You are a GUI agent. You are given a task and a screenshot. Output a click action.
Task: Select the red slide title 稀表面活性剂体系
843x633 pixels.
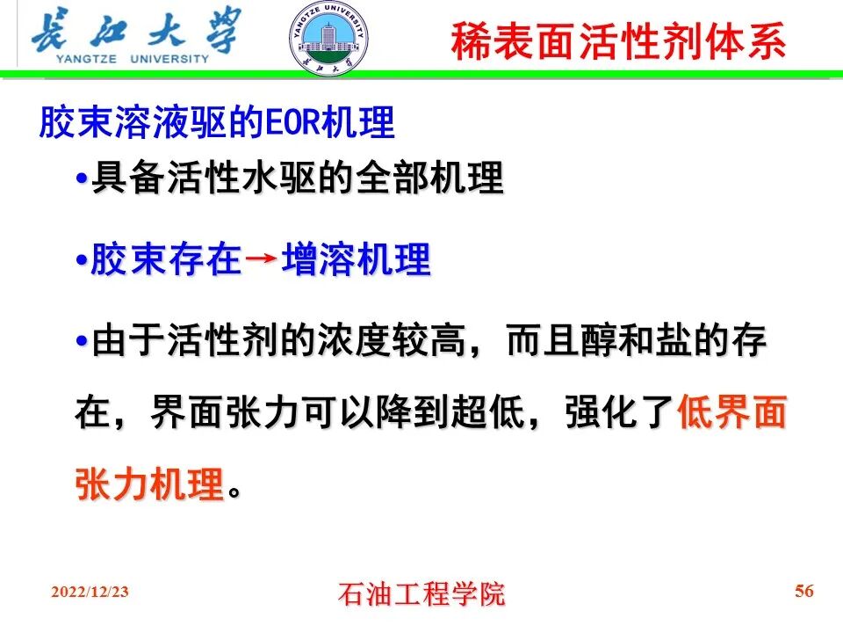[x=618, y=41]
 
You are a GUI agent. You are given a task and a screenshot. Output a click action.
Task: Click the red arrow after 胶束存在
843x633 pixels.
[x=261, y=259]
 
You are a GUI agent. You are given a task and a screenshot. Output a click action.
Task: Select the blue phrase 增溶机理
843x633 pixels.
[x=356, y=260]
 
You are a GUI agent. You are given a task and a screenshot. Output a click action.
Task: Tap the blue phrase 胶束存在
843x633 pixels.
[x=165, y=260]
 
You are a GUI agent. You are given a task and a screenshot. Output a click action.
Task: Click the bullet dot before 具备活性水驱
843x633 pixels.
[x=82, y=179]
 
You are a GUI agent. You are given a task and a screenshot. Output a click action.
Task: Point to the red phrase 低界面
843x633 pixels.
[x=731, y=411]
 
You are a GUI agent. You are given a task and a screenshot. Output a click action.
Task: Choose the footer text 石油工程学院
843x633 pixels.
[x=421, y=593]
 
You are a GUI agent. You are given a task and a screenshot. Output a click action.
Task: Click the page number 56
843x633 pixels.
[x=803, y=591]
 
